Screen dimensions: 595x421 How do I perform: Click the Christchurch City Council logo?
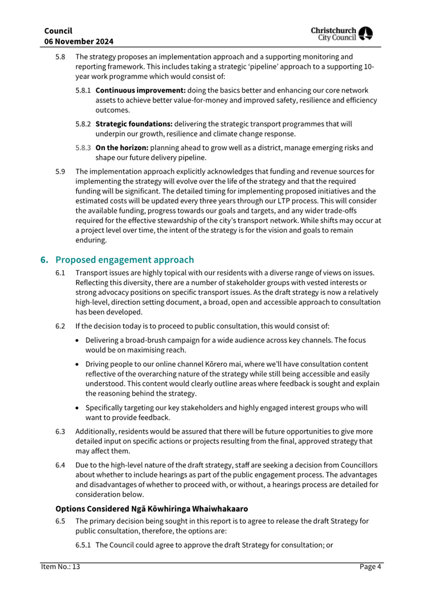pyautogui.click(x=342, y=34)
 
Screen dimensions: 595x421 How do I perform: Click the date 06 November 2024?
pyautogui.click(x=79, y=42)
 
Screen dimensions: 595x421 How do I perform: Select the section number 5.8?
pyautogui.click(x=60, y=57)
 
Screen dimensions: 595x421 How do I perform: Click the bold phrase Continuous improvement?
pyautogui.click(x=140, y=90)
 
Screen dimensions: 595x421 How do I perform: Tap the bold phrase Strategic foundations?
pyautogui.click(x=134, y=124)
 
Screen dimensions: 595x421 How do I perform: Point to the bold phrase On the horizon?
pyautogui.click(x=122, y=148)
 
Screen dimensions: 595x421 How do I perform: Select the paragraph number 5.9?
pyautogui.click(x=60, y=171)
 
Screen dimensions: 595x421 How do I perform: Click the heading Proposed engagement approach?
pyautogui.click(x=124, y=260)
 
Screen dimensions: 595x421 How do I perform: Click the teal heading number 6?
pyautogui.click(x=44, y=260)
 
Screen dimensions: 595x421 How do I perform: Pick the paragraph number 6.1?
pyautogui.click(x=60, y=273)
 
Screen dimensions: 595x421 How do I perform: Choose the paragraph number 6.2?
pyautogui.click(x=60, y=326)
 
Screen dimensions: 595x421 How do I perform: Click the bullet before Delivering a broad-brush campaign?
pyautogui.click(x=77, y=341)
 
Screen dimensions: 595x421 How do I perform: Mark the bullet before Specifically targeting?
pyautogui.click(x=77, y=408)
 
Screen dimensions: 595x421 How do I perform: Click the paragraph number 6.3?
pyautogui.click(x=60, y=432)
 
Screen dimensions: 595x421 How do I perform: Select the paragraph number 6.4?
pyautogui.click(x=60, y=465)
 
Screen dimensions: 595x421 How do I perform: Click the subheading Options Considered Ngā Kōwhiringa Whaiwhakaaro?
pyautogui.click(x=151, y=509)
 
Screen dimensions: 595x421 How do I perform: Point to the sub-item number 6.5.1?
pyautogui.click(x=83, y=545)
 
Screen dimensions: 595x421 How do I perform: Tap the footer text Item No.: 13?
pyautogui.click(x=60, y=567)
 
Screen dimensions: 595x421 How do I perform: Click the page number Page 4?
pyautogui.click(x=370, y=567)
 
